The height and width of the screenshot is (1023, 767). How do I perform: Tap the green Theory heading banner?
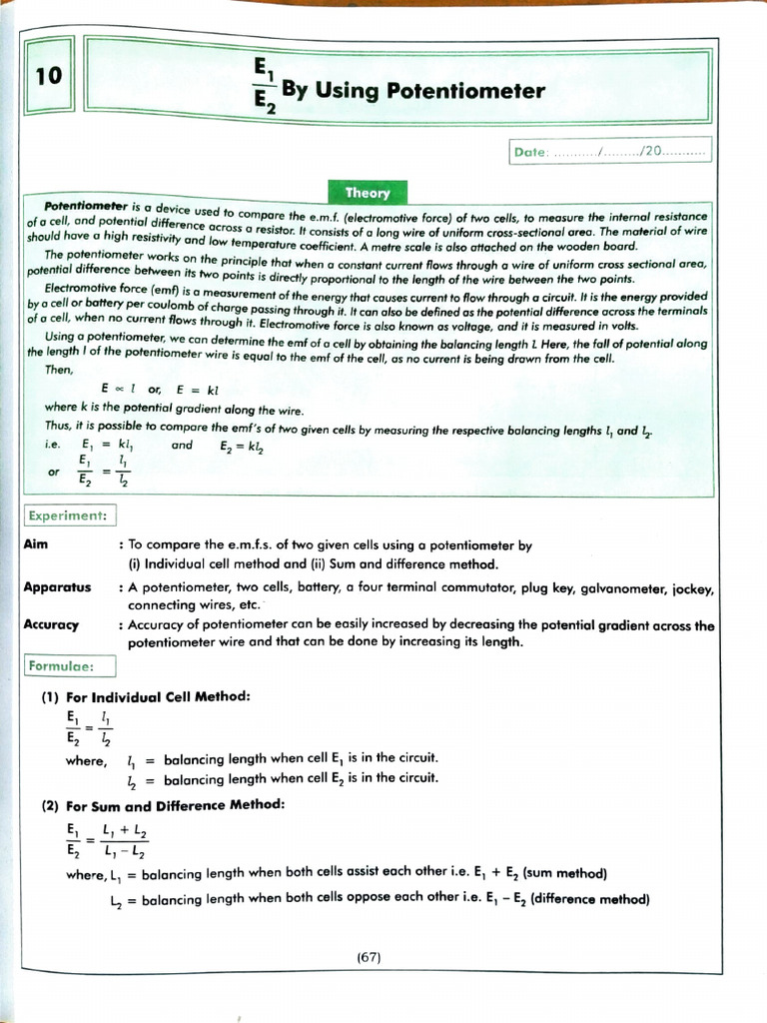pos(368,192)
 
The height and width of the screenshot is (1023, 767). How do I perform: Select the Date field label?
pos(530,153)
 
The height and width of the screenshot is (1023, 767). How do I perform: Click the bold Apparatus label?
pos(57,587)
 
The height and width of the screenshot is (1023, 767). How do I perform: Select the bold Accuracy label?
pos(51,624)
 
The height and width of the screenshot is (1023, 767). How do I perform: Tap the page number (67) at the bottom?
pos(369,957)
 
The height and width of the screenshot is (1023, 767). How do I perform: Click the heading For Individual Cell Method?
pos(158,695)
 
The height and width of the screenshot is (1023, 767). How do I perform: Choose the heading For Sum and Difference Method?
pos(176,804)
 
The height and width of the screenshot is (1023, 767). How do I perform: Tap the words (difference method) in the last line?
pos(590,899)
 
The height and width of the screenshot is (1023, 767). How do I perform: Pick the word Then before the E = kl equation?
pos(59,370)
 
